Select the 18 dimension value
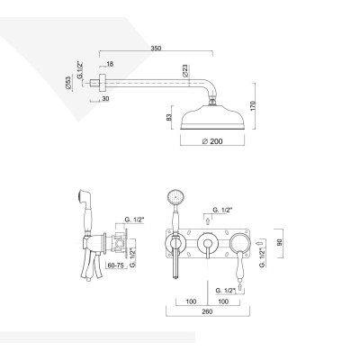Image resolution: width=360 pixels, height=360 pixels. click(110, 65)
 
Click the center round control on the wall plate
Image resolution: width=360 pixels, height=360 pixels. click(208, 243)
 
